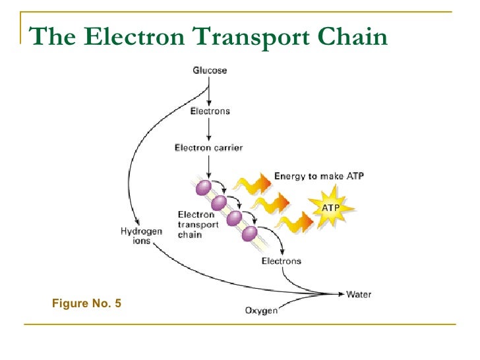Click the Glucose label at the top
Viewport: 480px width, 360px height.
point(210,71)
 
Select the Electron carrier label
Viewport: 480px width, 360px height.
point(208,148)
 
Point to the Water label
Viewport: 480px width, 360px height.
point(359,294)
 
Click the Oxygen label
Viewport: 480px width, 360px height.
point(261,311)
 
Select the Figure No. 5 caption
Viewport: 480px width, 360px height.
point(86,304)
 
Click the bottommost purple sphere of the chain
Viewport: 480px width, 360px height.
point(249,233)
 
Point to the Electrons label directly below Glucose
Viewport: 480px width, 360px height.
point(210,111)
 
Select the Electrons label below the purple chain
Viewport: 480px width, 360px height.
point(282,261)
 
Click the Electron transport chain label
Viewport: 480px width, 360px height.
point(196,224)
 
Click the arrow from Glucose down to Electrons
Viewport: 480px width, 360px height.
point(210,90)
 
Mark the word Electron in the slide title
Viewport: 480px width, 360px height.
point(124,37)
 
